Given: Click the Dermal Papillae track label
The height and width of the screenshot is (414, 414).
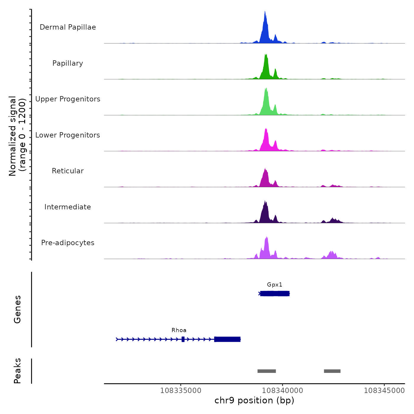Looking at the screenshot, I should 68,27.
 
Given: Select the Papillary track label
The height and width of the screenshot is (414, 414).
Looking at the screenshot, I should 68,63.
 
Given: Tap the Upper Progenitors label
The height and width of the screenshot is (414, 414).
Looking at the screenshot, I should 68,99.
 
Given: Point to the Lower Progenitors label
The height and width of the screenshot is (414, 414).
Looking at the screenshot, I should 68,135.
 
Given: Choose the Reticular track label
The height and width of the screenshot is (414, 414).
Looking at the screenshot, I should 68,171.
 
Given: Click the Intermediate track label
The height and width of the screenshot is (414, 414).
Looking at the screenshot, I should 68,207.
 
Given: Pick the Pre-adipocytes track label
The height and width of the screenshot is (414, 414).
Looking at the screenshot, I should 68,243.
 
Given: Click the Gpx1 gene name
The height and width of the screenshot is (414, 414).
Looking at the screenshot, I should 274,285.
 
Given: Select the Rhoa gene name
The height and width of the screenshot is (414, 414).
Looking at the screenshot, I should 179,330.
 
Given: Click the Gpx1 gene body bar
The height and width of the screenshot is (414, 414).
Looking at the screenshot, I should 275,294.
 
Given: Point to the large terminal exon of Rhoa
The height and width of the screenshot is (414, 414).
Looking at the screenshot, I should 227,339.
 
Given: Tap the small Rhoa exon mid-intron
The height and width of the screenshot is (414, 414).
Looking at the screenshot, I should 183,339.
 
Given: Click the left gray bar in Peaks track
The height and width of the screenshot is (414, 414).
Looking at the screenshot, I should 266,371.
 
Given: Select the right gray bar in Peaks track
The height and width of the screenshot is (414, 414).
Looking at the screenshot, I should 332,371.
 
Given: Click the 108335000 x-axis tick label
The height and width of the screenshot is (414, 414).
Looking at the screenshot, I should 181,391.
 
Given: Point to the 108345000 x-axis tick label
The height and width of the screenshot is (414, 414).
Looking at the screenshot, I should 384,391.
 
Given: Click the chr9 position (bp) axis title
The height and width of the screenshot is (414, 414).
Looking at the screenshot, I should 254,401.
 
